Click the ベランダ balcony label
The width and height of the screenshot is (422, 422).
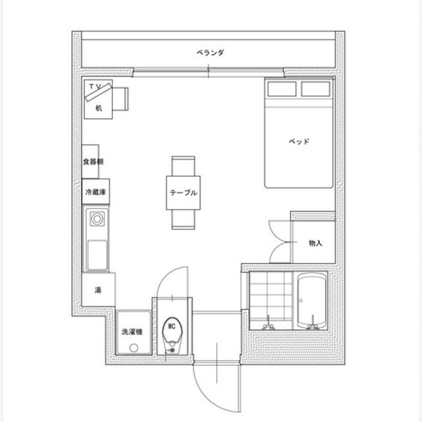point(210,53)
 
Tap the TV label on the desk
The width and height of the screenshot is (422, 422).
point(96,86)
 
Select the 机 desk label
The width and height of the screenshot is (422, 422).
point(99,108)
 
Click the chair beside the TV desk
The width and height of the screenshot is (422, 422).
point(120,99)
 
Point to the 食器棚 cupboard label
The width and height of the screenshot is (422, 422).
point(93,162)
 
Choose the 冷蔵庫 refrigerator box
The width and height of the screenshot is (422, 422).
point(96,191)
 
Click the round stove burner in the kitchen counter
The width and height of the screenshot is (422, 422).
point(97,219)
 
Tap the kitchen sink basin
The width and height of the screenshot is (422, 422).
point(97,255)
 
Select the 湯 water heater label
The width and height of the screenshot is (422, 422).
point(98,290)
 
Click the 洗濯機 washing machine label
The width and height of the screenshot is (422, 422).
point(132,332)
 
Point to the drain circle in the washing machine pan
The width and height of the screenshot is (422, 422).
point(134,347)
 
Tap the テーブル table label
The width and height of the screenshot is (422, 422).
point(183,193)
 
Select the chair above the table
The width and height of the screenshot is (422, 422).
point(183,166)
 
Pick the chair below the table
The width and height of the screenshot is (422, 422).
point(183,220)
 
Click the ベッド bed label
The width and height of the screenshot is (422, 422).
point(299,141)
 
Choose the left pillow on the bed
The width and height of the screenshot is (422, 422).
point(282,89)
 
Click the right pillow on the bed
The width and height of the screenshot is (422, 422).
point(316,89)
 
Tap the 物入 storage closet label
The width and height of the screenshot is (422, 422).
point(315,243)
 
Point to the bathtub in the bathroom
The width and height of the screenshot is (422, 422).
point(312,301)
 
